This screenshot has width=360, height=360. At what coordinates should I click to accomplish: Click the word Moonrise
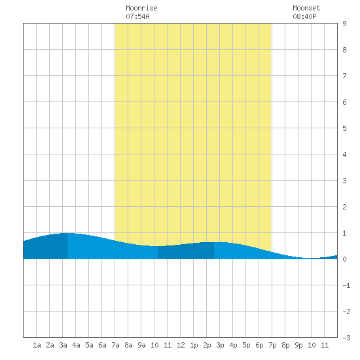coord(141,8)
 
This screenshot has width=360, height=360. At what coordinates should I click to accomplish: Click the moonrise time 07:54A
coord(137,16)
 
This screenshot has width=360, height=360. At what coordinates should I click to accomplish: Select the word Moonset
coord(306,8)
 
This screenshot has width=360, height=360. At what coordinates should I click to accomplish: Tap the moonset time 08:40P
coord(304,16)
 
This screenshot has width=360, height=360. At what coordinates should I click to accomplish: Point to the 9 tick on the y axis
coord(344,24)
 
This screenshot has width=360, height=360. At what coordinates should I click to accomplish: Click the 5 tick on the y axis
coord(344,128)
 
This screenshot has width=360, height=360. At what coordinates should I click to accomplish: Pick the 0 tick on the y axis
coord(344,259)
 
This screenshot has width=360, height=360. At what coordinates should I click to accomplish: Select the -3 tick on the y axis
coord(346,338)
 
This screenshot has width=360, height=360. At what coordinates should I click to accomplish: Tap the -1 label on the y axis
coord(346,285)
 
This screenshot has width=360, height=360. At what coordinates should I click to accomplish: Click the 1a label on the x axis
coord(37,345)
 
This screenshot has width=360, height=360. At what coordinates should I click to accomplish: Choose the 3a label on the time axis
coord(63,345)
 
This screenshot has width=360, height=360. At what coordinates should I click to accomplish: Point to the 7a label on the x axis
coord(115,345)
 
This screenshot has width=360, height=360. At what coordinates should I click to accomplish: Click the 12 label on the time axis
coord(181,345)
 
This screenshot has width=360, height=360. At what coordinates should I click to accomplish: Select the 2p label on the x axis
coord(207,345)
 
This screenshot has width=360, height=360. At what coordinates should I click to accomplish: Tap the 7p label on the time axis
coord(272,345)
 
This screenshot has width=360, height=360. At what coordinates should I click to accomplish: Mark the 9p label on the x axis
coord(298,345)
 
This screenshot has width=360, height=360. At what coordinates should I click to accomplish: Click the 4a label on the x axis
coord(76,345)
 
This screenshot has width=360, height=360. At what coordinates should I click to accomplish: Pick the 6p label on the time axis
coord(259,345)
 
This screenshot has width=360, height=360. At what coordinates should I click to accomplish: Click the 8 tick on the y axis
coord(344,50)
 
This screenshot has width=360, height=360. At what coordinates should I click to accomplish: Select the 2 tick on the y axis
coord(344,207)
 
